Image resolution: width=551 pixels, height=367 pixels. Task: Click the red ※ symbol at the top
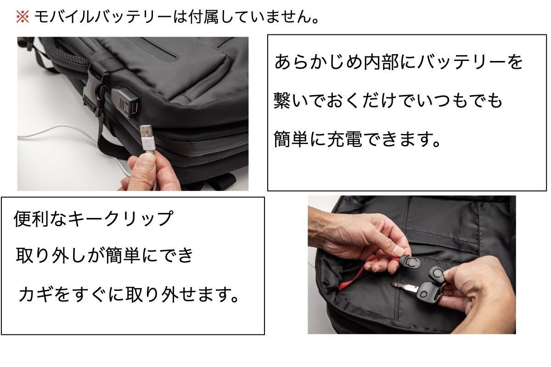[22, 17]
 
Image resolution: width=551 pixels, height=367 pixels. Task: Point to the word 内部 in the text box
[381, 62]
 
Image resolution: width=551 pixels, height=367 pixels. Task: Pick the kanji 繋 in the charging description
[282, 100]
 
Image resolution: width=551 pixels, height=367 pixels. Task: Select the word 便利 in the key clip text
[31, 218]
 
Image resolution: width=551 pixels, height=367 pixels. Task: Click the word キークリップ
[120, 218]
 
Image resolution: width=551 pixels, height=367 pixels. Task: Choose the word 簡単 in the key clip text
[123, 256]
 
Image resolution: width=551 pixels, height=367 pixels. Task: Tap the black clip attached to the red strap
[411, 262]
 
